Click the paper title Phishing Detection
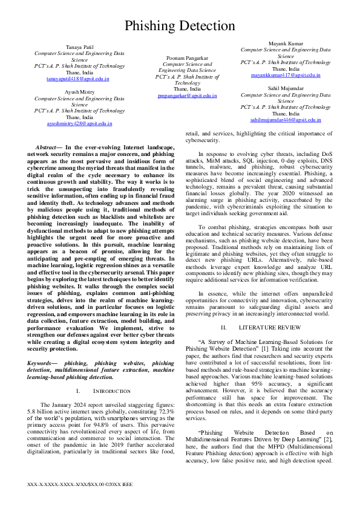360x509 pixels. [x=180, y=26]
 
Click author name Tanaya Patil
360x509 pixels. [x=79, y=47]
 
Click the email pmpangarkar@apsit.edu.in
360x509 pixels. [x=187, y=96]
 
